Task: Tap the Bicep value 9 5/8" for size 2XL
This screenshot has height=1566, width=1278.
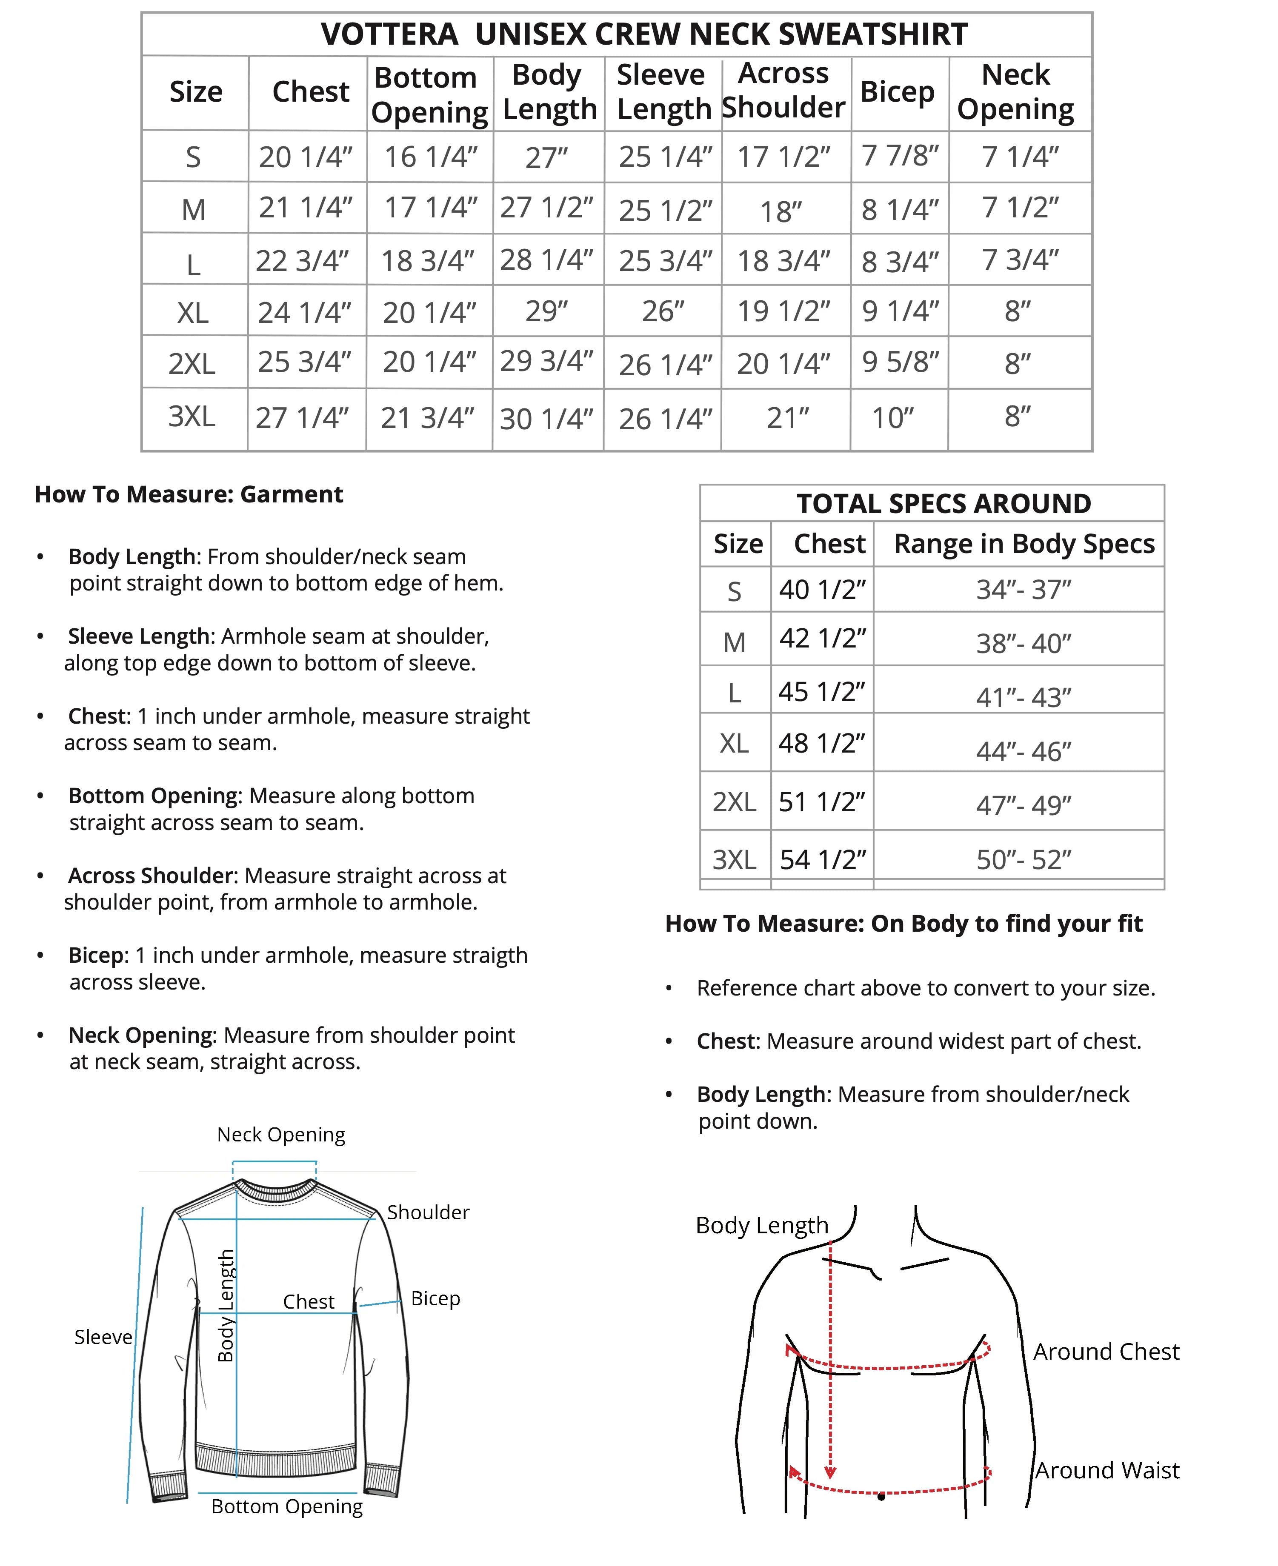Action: (900, 361)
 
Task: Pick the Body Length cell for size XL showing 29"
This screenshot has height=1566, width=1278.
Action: (546, 311)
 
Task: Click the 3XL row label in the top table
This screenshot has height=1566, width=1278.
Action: (192, 416)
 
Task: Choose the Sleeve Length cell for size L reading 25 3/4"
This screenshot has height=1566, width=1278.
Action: (665, 260)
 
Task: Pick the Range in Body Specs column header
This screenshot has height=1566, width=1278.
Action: (1023, 544)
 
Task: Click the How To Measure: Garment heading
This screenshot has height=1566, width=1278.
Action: (189, 494)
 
